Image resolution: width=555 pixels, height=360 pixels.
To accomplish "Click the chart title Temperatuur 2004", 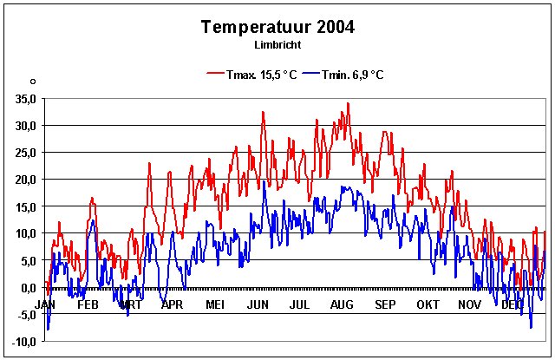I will click(277, 26).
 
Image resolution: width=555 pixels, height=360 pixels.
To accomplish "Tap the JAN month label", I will click(46, 304).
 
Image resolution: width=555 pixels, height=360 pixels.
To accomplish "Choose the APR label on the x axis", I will click(172, 304).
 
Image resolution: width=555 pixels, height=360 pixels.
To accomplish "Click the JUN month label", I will click(258, 304).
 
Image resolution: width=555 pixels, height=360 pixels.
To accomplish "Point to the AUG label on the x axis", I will click(342, 304).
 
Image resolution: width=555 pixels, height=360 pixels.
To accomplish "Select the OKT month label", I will click(428, 304).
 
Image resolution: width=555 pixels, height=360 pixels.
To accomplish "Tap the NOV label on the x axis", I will click(469, 304).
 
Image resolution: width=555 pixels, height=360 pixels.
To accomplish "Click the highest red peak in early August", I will click(348, 103).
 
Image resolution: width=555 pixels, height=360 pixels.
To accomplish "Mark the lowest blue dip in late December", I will click(531, 327).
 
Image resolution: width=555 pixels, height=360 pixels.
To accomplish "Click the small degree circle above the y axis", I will click(32, 82).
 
